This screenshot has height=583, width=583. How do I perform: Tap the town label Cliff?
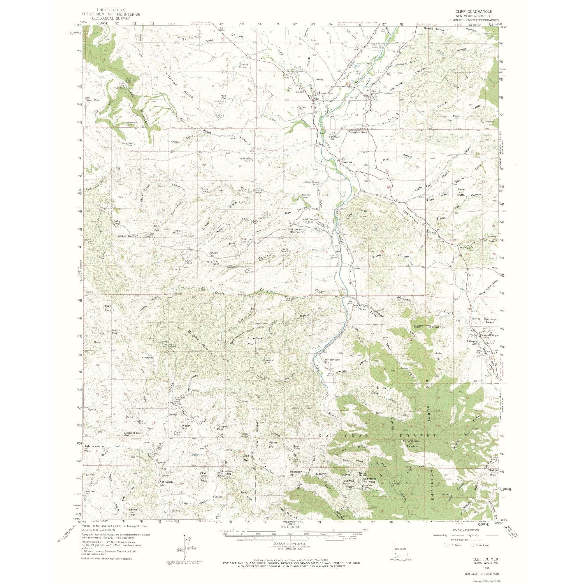click(317, 98)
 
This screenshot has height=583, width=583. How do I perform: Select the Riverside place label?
click(346, 162)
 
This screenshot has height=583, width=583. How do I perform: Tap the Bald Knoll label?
click(156, 228)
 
